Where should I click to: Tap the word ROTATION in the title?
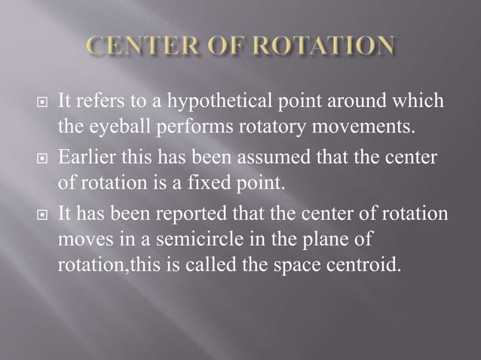coord(329,46)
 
